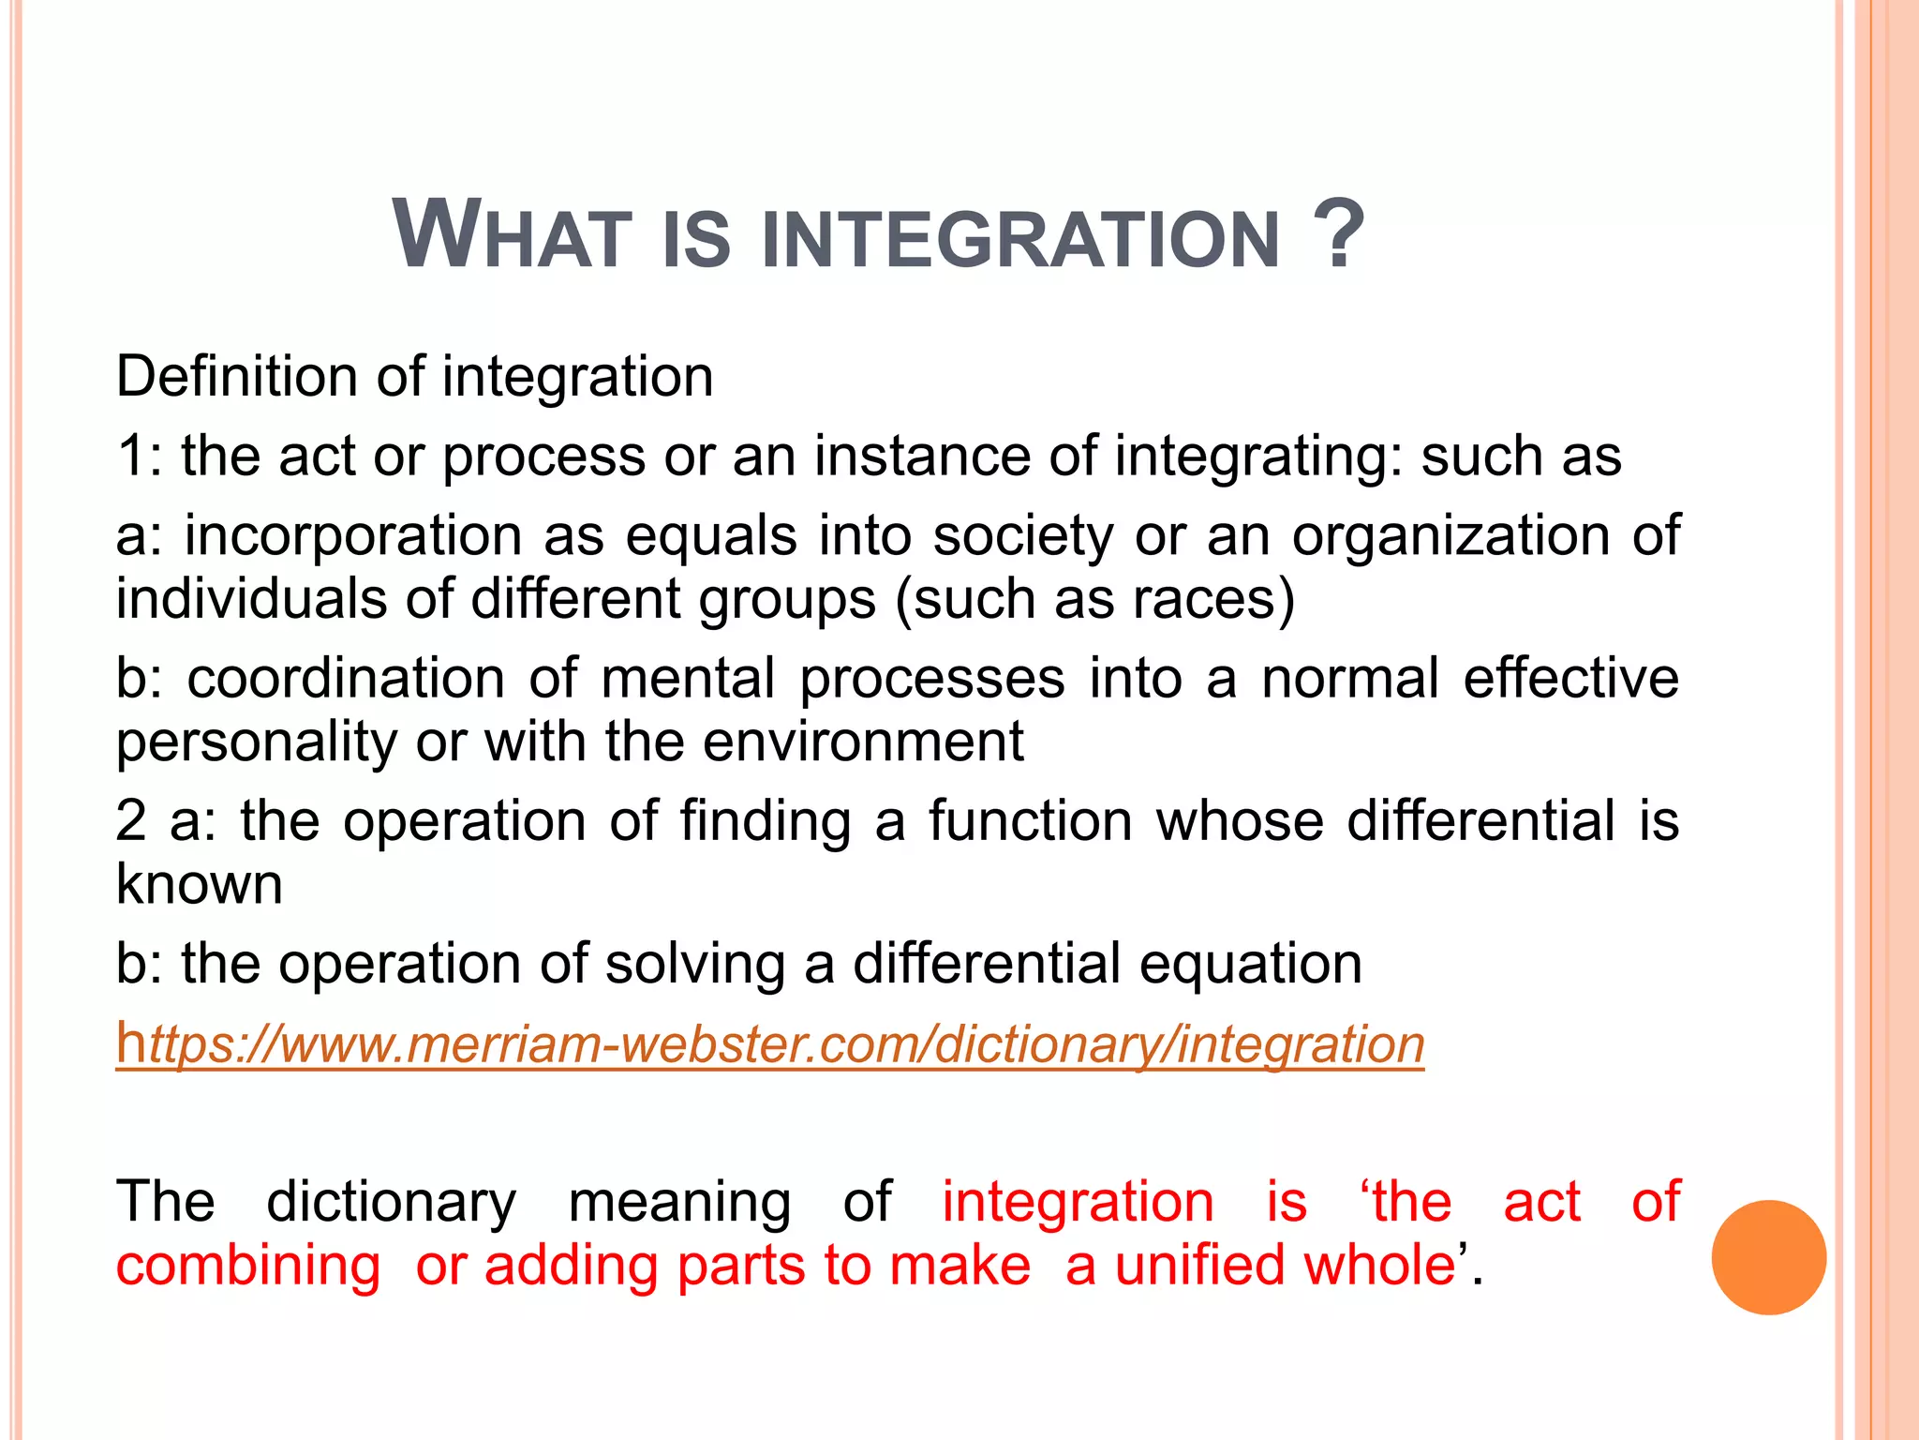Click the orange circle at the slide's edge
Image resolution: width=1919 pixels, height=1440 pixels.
pos(1768,1257)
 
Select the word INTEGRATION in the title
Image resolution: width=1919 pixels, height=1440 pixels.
pos(1021,239)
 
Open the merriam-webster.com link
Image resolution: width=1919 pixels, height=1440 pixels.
pos(769,1043)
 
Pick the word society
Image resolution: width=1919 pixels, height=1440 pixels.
pos(1023,536)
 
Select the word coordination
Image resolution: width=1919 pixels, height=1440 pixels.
pos(346,678)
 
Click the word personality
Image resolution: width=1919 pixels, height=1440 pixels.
pos(257,742)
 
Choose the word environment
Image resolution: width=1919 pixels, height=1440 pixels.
pos(863,742)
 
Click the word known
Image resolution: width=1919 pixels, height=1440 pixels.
pos(199,884)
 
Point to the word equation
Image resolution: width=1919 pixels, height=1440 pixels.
pos(1251,964)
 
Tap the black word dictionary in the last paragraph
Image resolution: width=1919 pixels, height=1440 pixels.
pos(391,1202)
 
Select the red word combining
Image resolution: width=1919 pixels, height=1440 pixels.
pos(248,1266)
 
